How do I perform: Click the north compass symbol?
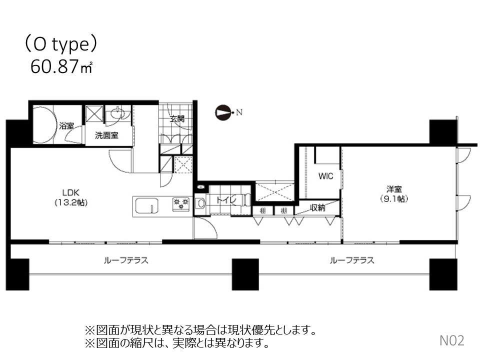[223, 112]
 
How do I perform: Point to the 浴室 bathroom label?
[66, 125]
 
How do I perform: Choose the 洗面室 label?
[107, 135]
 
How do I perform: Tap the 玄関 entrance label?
[177, 119]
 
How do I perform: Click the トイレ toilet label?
[223, 199]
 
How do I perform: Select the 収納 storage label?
[317, 208]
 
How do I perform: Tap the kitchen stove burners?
[180, 204]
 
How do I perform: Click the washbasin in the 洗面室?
[118, 113]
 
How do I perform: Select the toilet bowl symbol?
[200, 203]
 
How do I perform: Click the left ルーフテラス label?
[126, 260]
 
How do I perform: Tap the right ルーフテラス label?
[352, 260]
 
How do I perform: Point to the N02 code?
[452, 341]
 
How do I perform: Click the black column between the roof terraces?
[245, 274]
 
